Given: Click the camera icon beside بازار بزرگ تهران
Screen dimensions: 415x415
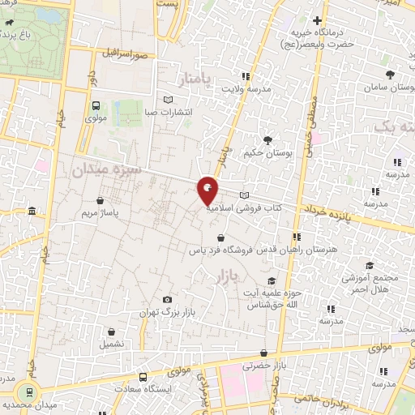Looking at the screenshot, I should [x=168, y=300].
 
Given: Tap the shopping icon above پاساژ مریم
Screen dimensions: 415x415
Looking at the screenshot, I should [x=100, y=200].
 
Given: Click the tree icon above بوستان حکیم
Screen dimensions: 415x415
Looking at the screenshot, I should [x=268, y=139].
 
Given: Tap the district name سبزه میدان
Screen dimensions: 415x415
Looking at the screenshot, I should [x=106, y=169].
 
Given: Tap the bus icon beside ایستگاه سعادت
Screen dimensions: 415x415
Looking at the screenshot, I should [x=143, y=376].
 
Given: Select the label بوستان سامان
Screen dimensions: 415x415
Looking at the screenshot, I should [x=388, y=86].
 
